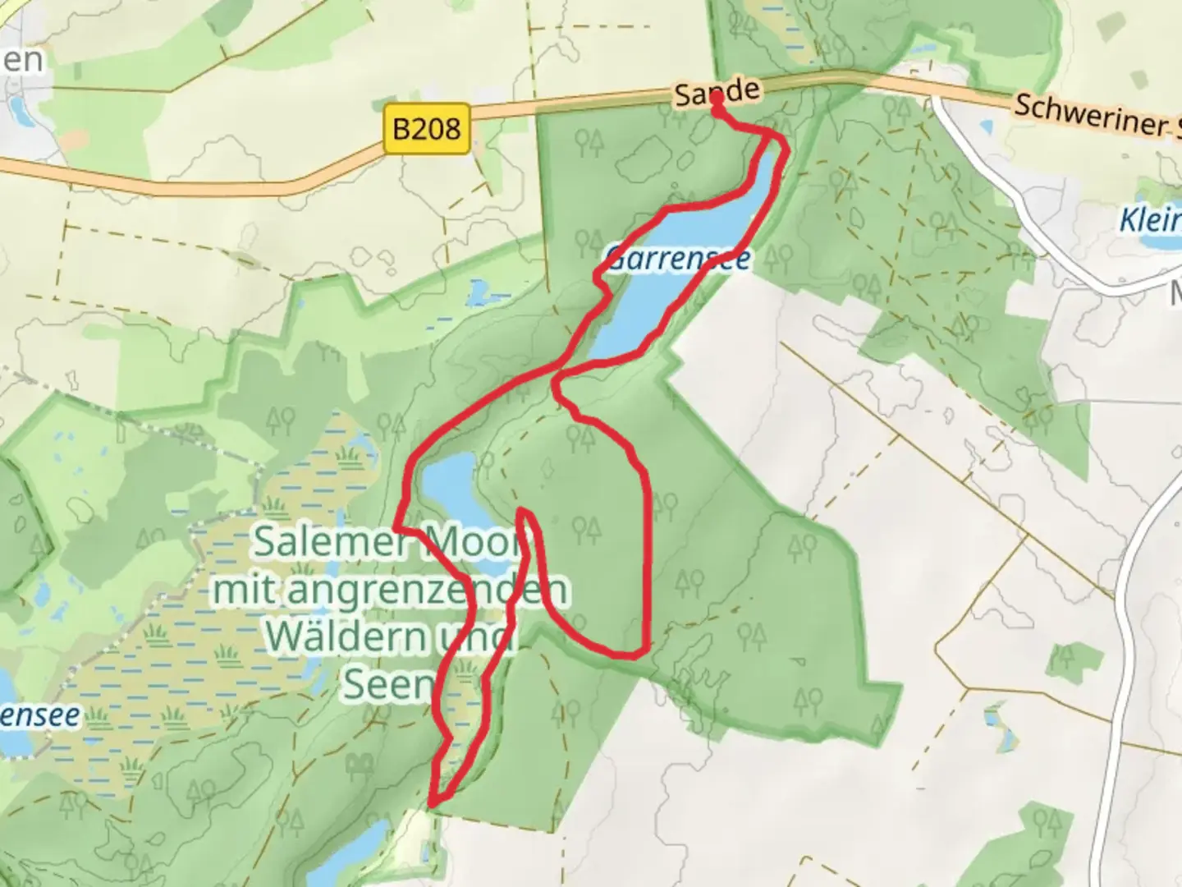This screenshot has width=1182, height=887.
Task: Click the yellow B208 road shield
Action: (427, 129)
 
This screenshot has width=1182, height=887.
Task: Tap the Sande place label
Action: (716, 92)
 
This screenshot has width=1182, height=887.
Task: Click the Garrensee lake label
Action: (678, 260)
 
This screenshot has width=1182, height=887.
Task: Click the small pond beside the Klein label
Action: (1157, 241)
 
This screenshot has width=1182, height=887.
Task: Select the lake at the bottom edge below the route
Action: (353, 858)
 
